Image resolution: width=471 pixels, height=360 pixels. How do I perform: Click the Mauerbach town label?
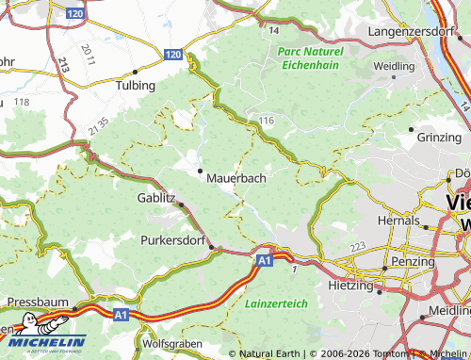(235, 176)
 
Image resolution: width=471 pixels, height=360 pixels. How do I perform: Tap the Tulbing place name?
(136, 85)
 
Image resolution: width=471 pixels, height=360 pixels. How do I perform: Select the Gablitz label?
(156, 198)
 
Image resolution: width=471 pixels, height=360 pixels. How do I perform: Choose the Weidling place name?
(393, 67)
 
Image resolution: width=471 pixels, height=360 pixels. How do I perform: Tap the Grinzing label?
(439, 137)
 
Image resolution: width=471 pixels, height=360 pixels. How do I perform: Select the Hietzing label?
(351, 284)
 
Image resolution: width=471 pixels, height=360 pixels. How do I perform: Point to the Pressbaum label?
(39, 302)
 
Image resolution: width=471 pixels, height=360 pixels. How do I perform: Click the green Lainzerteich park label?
(275, 304)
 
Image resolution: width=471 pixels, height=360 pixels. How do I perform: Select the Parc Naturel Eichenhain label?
(312, 57)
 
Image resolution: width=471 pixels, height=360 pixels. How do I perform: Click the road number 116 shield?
(267, 121)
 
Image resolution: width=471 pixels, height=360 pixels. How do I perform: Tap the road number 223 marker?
(357, 247)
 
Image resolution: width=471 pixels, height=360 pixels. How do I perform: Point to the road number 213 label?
(63, 65)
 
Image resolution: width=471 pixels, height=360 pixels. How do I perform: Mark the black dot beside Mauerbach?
(200, 171)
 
